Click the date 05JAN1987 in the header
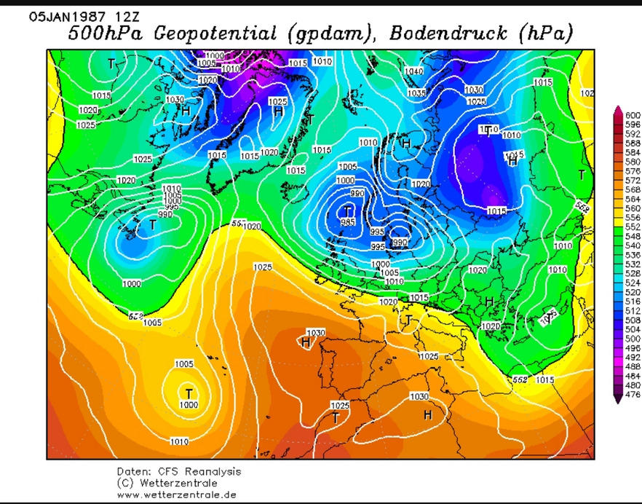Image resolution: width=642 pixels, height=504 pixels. point(63,15)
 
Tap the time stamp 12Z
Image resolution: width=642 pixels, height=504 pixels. point(119,15)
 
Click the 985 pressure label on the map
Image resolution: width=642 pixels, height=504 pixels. point(348,221)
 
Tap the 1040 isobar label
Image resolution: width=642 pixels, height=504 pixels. point(413,71)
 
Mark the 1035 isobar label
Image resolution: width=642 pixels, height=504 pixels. point(417,93)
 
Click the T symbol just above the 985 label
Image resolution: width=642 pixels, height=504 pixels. point(348,210)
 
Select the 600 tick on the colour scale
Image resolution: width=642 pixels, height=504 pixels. point(633,116)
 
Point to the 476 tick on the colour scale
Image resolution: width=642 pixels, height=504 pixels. point(633,395)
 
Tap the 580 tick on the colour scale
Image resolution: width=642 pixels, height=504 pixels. point(633,161)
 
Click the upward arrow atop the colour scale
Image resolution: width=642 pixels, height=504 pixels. point(619,109)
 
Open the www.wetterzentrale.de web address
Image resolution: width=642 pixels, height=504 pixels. point(176,495)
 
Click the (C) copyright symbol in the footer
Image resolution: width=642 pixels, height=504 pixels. point(124,484)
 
